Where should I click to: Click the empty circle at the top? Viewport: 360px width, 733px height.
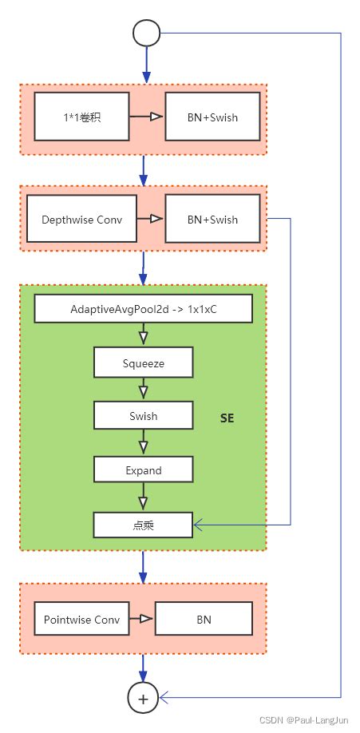(x=147, y=33)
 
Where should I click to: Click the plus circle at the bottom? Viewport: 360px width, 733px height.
(x=144, y=698)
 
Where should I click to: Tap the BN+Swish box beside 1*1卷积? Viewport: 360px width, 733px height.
(x=212, y=118)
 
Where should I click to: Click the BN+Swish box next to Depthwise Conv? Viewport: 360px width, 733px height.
(x=212, y=219)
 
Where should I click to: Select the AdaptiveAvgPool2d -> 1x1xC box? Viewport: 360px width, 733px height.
(x=143, y=308)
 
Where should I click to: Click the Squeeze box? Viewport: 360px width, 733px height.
(x=143, y=363)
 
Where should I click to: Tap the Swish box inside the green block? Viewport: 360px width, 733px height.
(x=143, y=416)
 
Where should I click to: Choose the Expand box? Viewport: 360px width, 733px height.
(x=143, y=470)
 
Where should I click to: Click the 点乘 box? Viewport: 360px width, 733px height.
(x=143, y=525)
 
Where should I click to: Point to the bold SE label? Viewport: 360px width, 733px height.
(x=227, y=418)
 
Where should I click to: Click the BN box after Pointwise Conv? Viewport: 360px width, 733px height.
(x=204, y=619)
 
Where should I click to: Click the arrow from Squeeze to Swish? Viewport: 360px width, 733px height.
(x=143, y=390)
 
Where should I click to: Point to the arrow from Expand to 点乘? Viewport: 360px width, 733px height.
(x=143, y=498)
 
